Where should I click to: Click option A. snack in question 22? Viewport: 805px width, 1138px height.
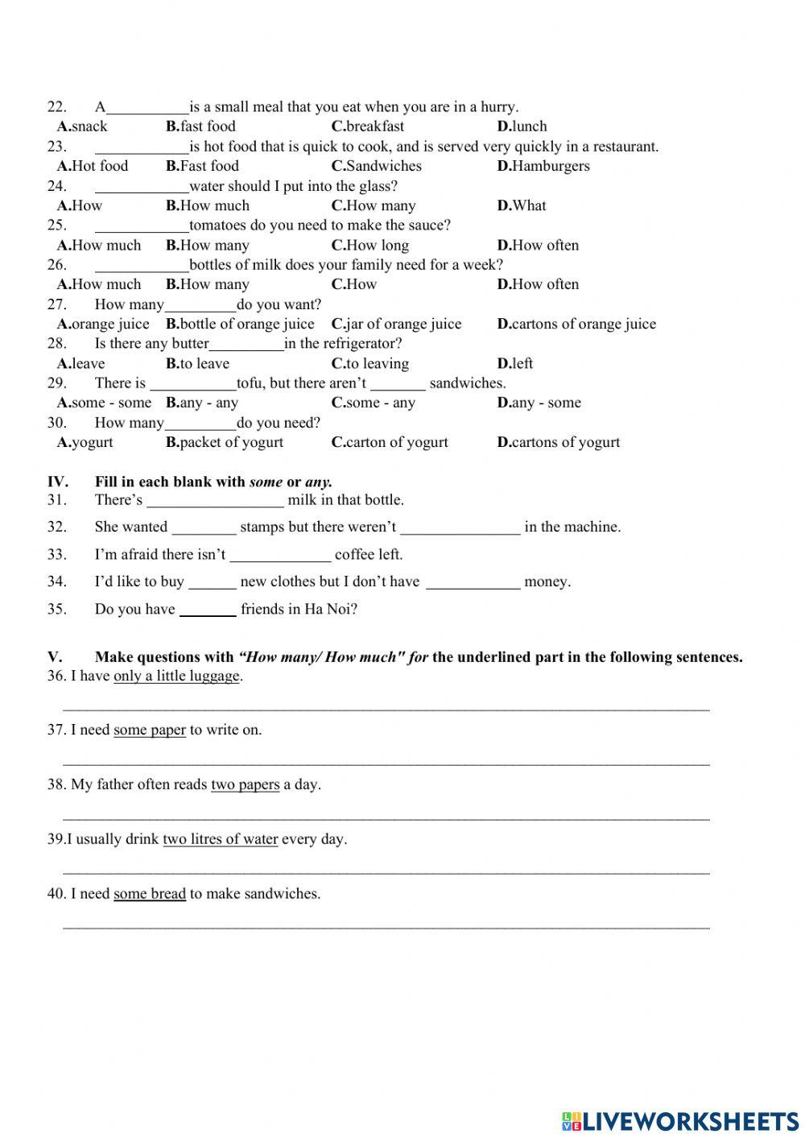[82, 126]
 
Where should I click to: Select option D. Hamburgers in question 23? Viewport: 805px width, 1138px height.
[543, 166]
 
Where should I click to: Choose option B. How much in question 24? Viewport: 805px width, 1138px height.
[208, 205]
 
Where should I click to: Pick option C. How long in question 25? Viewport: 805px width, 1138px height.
[370, 245]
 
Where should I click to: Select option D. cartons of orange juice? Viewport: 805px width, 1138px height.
[576, 324]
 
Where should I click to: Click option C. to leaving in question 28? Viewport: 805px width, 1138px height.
[370, 363]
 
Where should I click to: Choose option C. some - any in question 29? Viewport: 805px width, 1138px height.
[374, 403]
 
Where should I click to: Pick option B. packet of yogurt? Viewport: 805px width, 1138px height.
[225, 442]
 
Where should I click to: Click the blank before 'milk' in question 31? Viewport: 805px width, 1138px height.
[215, 501]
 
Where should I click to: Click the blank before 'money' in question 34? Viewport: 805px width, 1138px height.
[473, 583]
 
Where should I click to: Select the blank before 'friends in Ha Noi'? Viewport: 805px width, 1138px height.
[208, 610]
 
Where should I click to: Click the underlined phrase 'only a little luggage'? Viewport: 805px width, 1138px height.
[176, 677]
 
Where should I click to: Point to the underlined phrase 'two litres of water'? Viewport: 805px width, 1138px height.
[220, 839]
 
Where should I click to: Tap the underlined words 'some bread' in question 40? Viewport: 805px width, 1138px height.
[150, 894]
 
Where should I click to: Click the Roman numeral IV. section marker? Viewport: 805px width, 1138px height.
[57, 482]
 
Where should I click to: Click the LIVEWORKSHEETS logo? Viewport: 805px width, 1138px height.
[680, 1120]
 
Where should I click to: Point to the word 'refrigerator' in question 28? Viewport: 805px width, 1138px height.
[354, 344]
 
